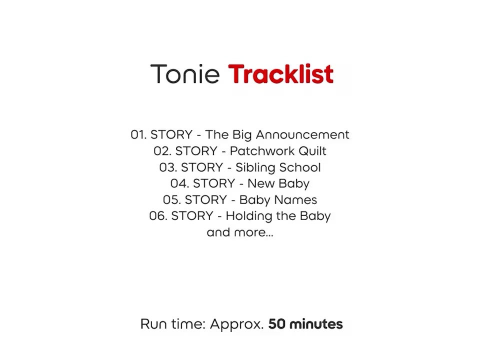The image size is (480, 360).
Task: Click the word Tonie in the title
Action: click(185, 74)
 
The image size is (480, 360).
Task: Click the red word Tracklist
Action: click(281, 74)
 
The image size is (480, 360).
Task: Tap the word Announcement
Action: click(302, 134)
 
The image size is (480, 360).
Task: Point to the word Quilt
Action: click(312, 151)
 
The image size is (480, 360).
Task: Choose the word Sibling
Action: click(255, 168)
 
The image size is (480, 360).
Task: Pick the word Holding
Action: click(249, 216)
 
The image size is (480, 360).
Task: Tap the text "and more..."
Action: click(240, 232)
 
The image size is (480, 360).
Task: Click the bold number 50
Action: click(276, 324)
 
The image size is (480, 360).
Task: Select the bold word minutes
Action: click(316, 324)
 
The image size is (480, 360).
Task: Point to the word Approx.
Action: click(236, 324)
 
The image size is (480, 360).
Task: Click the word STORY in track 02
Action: click(196, 151)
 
